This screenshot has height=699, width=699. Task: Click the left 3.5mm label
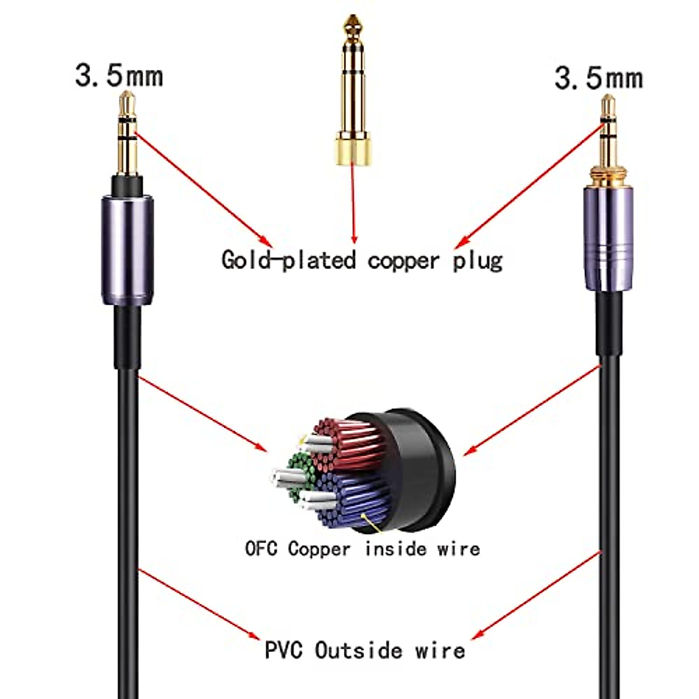(x=119, y=76)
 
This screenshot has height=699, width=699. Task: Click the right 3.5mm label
(x=598, y=78)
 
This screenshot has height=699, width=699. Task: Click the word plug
(x=478, y=260)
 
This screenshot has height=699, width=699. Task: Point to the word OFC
(x=261, y=549)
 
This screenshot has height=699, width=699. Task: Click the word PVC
(x=284, y=650)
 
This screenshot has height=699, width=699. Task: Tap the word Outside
(x=358, y=650)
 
